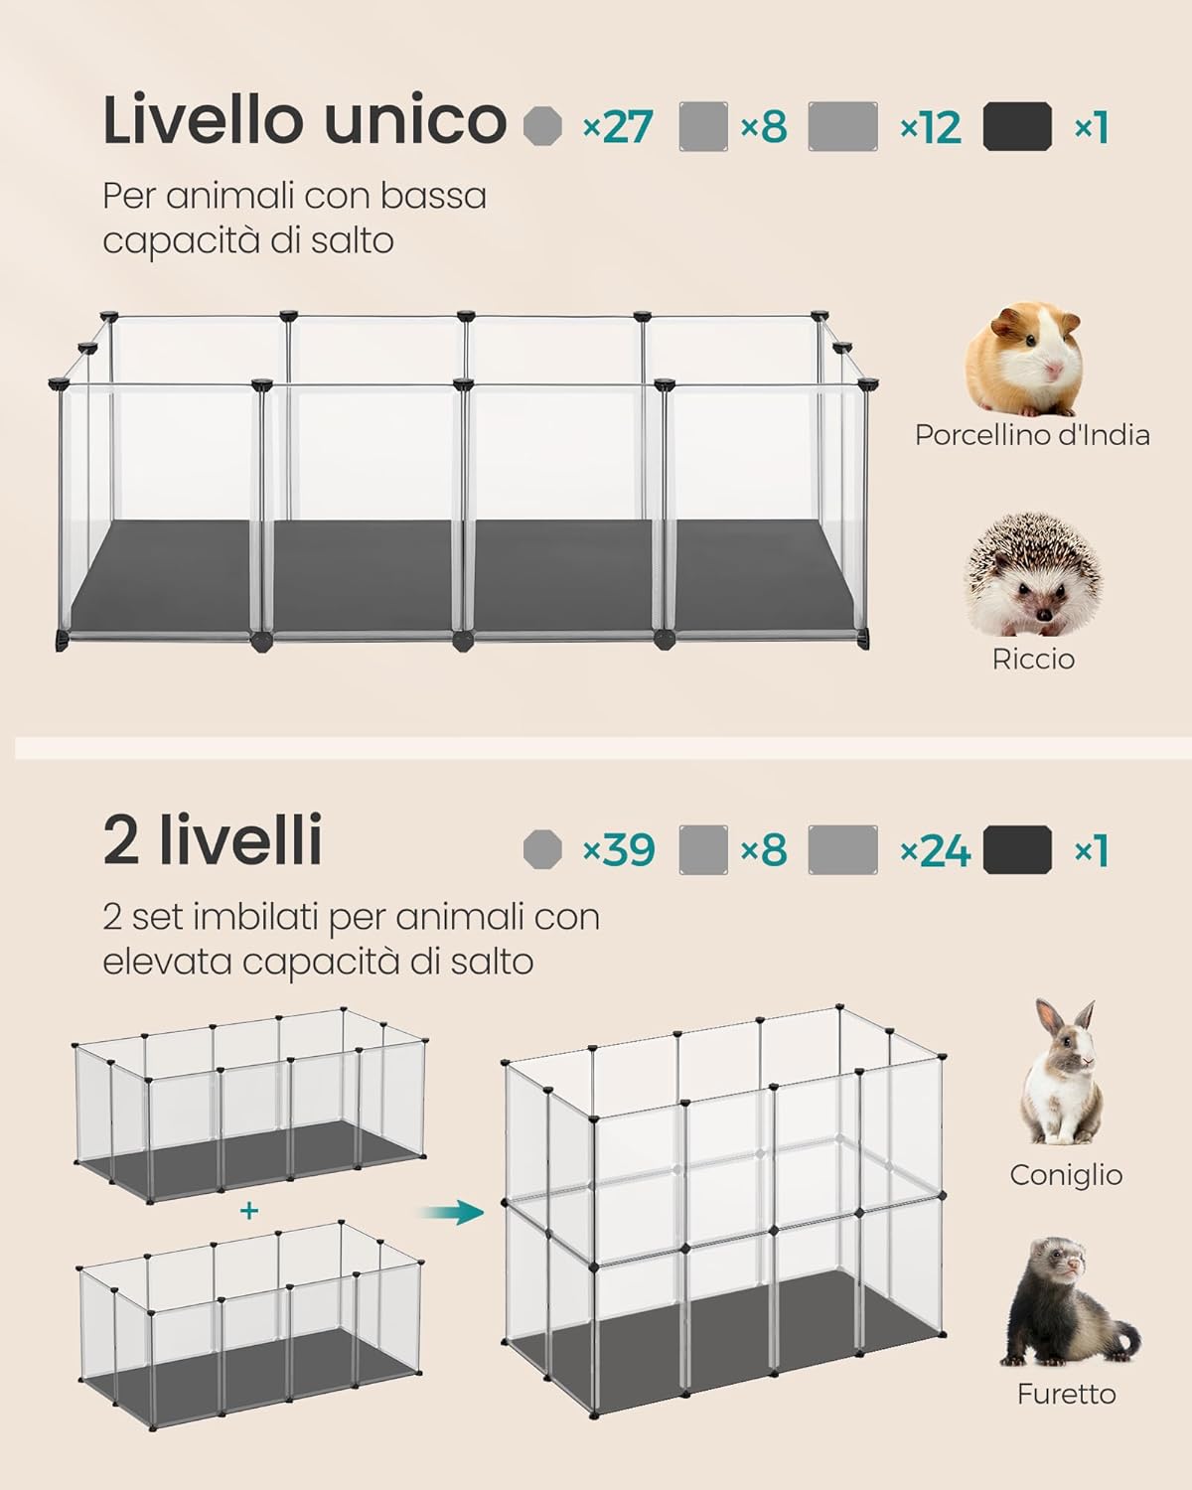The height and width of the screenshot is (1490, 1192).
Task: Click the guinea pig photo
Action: point(1024,359)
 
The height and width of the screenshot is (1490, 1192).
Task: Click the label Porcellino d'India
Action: point(1032,435)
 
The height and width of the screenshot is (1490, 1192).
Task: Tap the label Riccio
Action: point(1033,659)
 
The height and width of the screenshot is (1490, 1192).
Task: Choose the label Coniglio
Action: point(1066,1176)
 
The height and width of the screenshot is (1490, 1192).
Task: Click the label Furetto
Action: point(1067,1393)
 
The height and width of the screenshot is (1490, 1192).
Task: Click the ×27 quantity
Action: point(618,127)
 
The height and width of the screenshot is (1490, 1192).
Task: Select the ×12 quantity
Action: point(931,127)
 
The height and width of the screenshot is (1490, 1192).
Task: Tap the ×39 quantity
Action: point(619,849)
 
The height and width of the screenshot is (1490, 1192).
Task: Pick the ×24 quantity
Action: point(935,849)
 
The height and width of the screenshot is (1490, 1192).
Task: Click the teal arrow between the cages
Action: point(452,1212)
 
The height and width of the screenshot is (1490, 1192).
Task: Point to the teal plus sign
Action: point(248,1210)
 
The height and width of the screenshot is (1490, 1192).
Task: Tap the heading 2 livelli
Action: point(213,839)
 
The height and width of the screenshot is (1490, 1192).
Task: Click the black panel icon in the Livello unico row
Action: point(1017,126)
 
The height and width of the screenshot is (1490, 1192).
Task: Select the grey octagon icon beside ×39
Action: point(543,849)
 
